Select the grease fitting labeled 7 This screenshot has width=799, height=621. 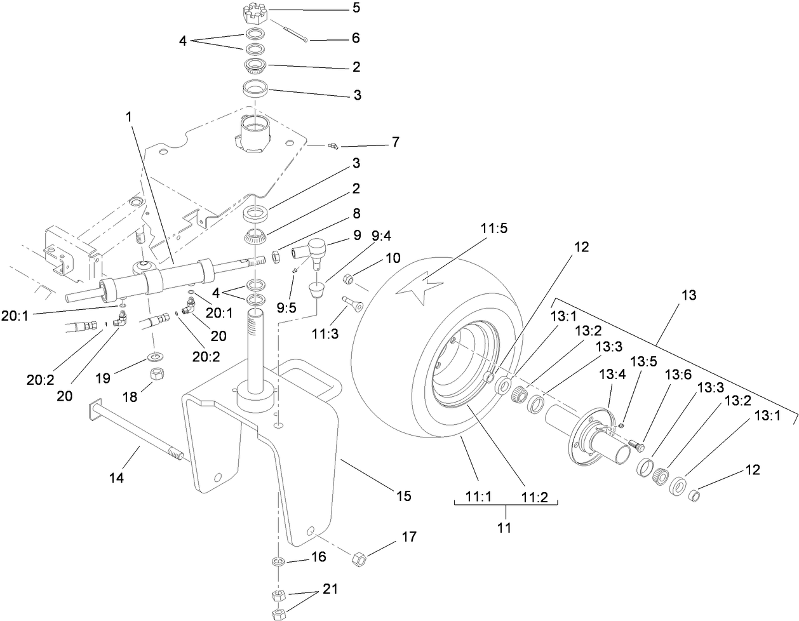pos(332,147)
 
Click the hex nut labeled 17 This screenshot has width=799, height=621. pos(359,559)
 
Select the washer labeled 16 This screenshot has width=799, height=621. pos(278,561)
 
